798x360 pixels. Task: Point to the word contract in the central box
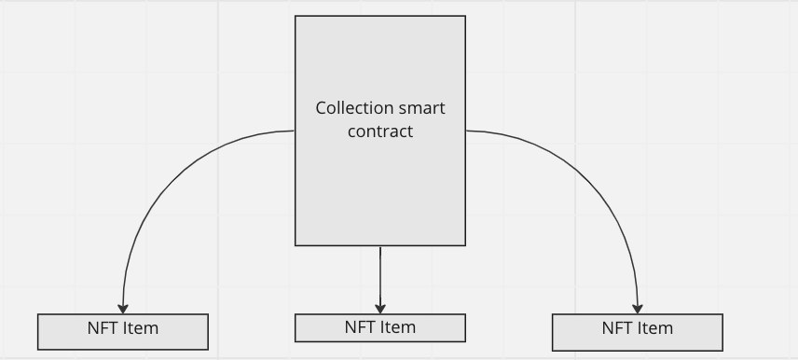(x=380, y=132)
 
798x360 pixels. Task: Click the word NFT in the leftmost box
(x=103, y=328)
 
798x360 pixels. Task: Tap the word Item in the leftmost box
(x=140, y=328)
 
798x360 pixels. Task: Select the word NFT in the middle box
(x=360, y=327)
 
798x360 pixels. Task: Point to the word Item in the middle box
(x=397, y=327)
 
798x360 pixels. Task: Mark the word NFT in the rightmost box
(x=617, y=328)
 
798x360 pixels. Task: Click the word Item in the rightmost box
(x=654, y=328)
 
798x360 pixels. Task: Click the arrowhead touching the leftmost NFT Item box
(x=123, y=309)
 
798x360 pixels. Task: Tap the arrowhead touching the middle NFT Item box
(x=380, y=309)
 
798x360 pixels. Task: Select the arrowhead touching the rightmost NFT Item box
(x=638, y=309)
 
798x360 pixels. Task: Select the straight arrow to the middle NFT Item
(x=380, y=275)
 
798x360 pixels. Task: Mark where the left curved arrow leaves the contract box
(x=293, y=132)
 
